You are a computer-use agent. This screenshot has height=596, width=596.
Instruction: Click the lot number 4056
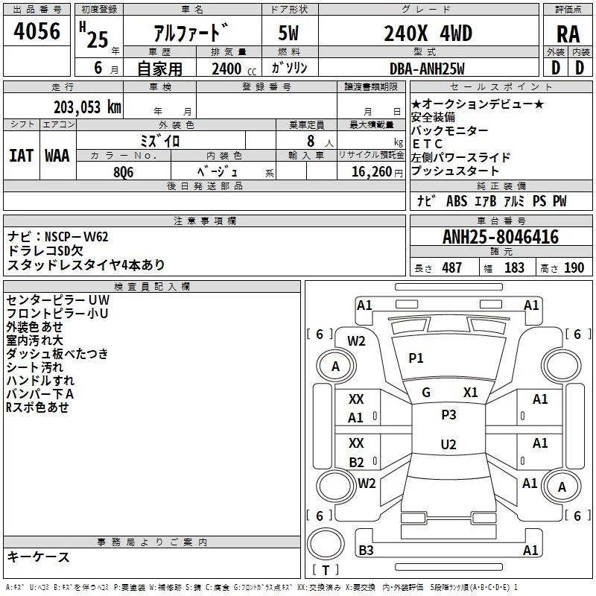(37, 31)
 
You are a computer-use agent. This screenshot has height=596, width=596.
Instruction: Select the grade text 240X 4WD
(428, 33)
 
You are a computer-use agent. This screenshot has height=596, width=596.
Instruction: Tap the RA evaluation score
(568, 34)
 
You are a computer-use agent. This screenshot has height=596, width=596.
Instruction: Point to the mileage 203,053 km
(87, 107)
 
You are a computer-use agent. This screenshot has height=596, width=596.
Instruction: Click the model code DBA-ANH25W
(427, 69)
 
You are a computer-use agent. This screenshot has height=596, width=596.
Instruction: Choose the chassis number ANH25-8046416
(501, 237)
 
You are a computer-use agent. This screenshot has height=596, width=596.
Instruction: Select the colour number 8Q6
(124, 172)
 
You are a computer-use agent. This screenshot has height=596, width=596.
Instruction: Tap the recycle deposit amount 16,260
(371, 172)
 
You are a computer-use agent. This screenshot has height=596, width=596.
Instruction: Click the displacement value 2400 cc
(234, 69)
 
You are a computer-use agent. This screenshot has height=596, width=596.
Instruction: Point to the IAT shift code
(22, 156)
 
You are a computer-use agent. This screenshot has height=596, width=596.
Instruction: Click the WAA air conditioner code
(57, 156)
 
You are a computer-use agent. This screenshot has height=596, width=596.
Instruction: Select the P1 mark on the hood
(416, 358)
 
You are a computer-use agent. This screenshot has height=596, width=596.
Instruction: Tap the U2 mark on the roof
(448, 444)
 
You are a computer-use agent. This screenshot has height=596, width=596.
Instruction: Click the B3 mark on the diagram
(366, 550)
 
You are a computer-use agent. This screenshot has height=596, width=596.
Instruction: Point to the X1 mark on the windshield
(470, 393)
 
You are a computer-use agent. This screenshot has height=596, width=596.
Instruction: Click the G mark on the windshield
(426, 393)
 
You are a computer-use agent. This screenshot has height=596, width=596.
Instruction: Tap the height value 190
(574, 267)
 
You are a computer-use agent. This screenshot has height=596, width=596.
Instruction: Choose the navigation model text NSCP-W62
(77, 237)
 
